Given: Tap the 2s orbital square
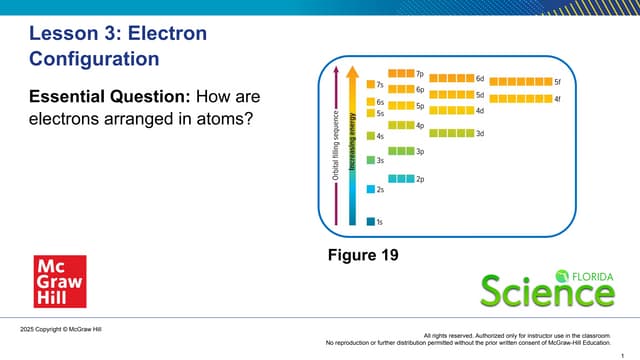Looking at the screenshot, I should click(371, 189).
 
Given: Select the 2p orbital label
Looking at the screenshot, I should click(421, 179).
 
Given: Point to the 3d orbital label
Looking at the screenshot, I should click(480, 134).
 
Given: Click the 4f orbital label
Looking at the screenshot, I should click(557, 99).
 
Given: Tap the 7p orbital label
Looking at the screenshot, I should click(420, 74).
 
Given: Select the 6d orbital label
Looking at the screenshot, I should click(480, 78).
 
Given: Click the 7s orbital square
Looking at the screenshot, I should click(371, 85).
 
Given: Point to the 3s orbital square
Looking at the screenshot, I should click(371, 160).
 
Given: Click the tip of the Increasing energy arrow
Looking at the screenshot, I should click(351, 69).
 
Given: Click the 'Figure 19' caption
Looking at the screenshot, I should click(363, 255).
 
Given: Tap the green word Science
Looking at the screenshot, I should click(546, 293).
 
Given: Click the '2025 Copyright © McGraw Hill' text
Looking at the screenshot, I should click(60, 329).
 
